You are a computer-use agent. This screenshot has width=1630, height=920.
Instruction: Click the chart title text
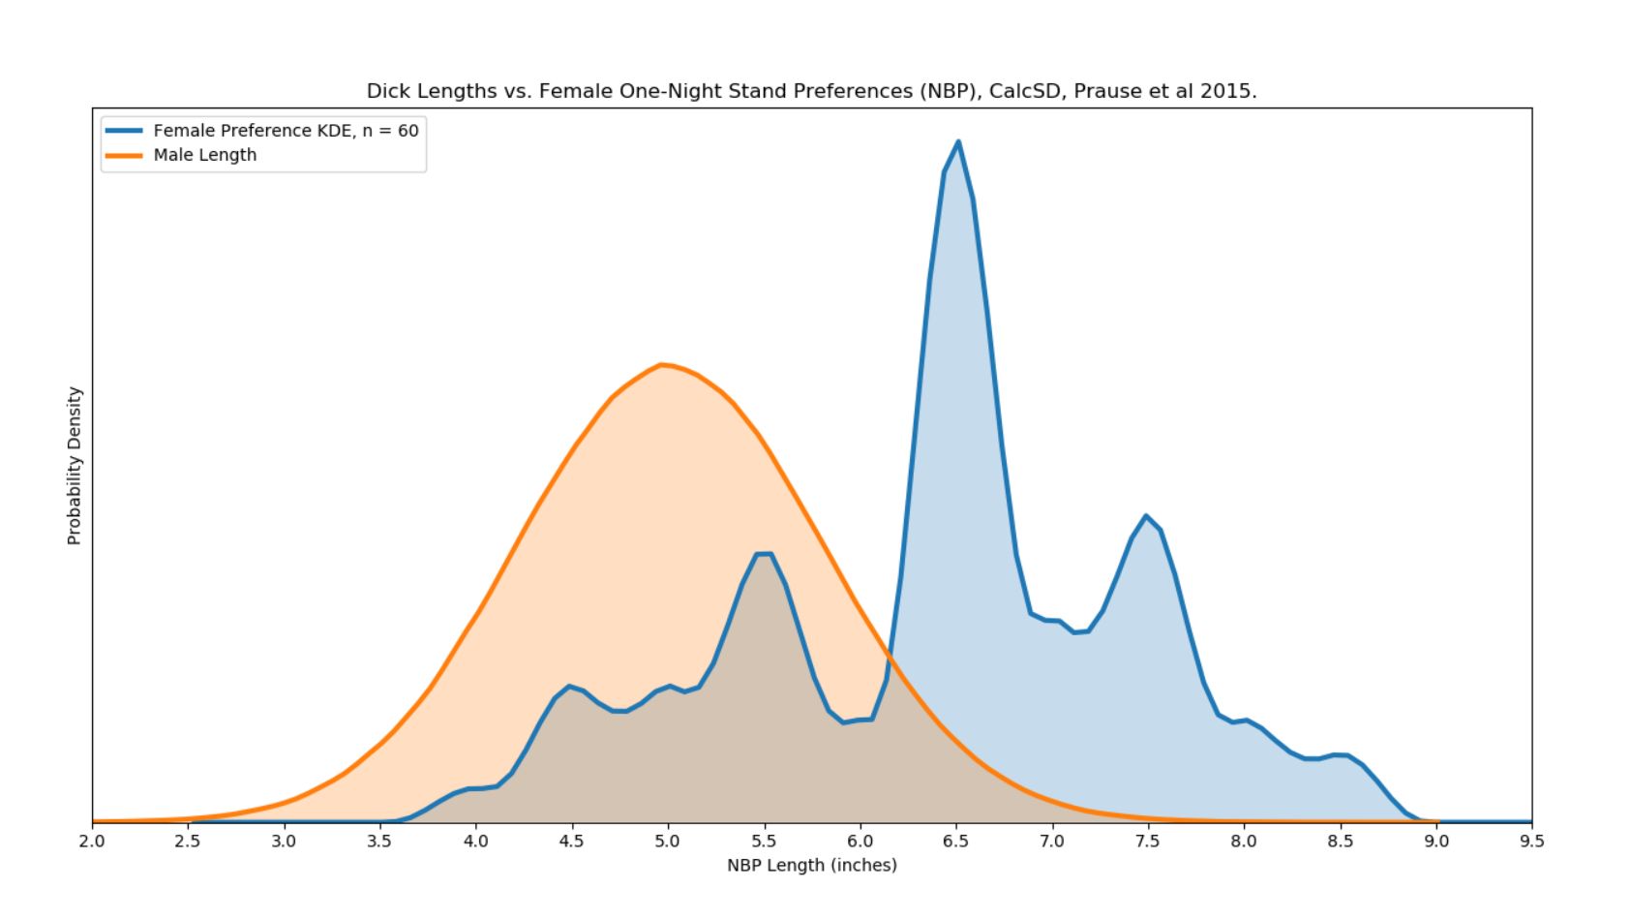pyautogui.click(x=811, y=91)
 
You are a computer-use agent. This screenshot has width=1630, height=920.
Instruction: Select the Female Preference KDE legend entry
pyautogui.click(x=286, y=131)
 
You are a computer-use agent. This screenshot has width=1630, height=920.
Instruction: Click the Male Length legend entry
pyautogui.click(x=204, y=155)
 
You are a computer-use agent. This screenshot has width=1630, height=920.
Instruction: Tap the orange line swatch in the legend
pyautogui.click(x=123, y=155)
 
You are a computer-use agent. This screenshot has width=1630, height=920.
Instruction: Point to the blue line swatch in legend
pyautogui.click(x=123, y=131)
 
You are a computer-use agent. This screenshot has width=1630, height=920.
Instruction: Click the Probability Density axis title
pyautogui.click(x=75, y=466)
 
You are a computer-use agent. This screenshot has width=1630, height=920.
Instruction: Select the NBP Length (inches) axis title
pyautogui.click(x=811, y=865)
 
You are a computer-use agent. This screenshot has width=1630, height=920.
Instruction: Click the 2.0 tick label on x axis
pyautogui.click(x=92, y=842)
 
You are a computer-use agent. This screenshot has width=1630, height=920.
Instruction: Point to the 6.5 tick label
pyautogui.click(x=955, y=842)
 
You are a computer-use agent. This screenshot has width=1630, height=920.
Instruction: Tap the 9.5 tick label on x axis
pyautogui.click(x=1531, y=842)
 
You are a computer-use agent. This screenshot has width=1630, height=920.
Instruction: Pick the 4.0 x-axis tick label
pyautogui.click(x=475, y=842)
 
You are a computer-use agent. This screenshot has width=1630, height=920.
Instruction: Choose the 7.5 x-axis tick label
pyautogui.click(x=1147, y=842)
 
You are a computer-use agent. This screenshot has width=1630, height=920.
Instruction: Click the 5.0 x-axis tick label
pyautogui.click(x=667, y=842)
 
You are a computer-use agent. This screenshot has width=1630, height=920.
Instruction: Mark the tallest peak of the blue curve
pyautogui.click(x=958, y=142)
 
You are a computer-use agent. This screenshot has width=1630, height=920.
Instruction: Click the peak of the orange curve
pyautogui.click(x=662, y=364)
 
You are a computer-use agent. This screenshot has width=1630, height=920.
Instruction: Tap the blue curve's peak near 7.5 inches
pyautogui.click(x=1146, y=516)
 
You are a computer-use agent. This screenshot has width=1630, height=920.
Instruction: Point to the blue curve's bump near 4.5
pyautogui.click(x=570, y=687)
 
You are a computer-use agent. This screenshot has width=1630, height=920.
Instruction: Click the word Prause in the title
pyautogui.click(x=1106, y=91)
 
